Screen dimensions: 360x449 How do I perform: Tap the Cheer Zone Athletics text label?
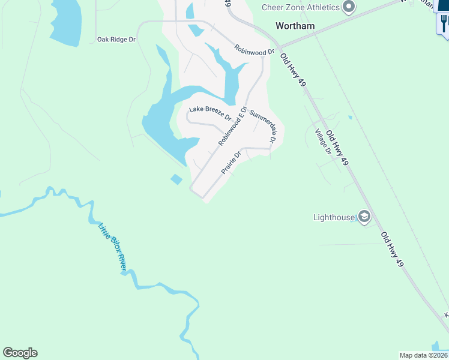pos(300,7)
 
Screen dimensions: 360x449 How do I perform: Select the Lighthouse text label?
pos(334,217)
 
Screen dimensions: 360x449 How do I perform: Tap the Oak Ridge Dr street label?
pos(116,40)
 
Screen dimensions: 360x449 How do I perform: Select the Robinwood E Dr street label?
pos(233,127)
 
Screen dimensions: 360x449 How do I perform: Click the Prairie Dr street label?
pos(231,163)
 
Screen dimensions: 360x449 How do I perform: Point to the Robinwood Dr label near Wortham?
pos(254,50)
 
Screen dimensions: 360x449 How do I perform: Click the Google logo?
pos(20,353)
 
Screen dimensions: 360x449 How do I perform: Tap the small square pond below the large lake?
pos(176,179)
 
